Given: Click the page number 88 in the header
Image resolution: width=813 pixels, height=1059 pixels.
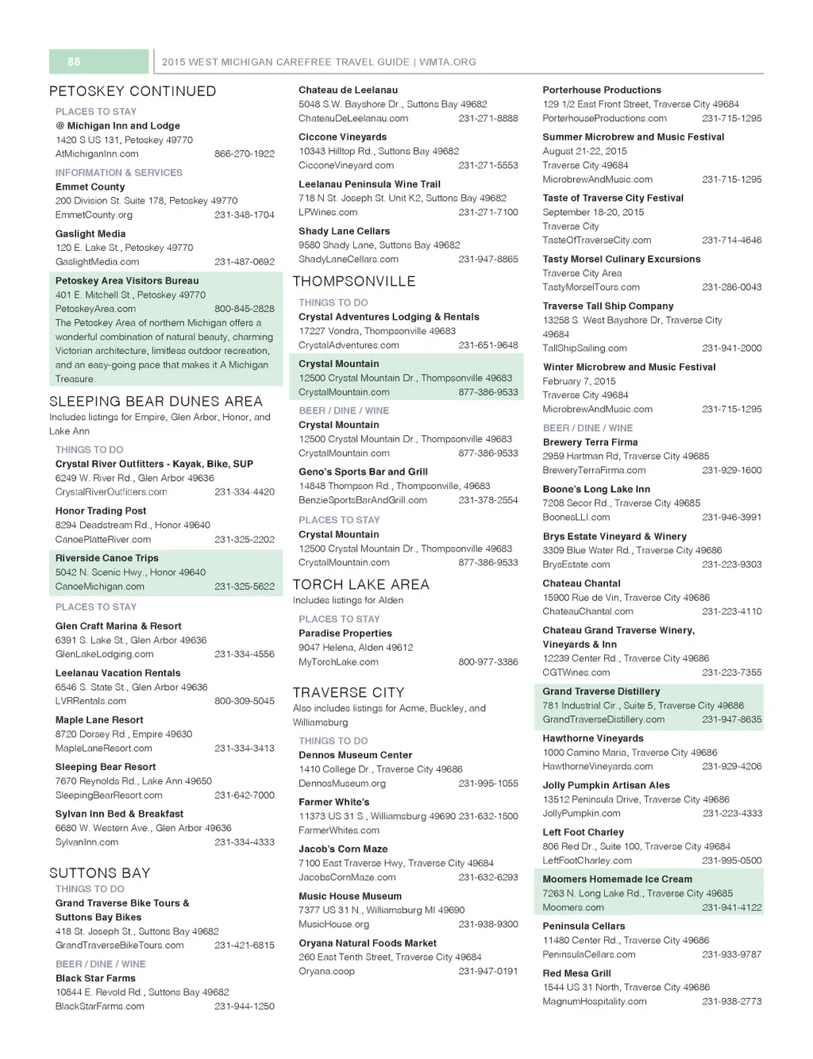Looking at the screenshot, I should (x=74, y=62).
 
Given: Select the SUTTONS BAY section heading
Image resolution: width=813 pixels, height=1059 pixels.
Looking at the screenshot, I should (x=100, y=873).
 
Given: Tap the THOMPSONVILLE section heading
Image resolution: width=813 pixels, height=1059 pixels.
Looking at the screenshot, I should (x=354, y=282).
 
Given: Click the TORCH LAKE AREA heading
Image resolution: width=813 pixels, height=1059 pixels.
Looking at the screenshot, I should (x=361, y=585).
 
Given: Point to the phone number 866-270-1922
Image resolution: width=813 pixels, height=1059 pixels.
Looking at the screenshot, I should (x=245, y=154).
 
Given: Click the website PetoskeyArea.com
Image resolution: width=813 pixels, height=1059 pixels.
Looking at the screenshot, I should (x=95, y=309).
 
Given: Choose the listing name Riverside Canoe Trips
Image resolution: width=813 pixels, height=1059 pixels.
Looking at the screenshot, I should (x=107, y=558).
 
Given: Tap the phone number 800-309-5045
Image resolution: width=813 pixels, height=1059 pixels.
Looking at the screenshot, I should (x=245, y=701).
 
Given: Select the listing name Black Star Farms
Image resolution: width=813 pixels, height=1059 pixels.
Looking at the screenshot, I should (x=95, y=978).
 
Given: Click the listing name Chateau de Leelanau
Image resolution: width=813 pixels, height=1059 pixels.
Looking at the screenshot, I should (x=348, y=90).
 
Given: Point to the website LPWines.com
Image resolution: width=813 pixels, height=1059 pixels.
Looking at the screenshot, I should (x=328, y=212).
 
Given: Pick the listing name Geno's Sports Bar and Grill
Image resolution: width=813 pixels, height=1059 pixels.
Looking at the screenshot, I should (x=363, y=472).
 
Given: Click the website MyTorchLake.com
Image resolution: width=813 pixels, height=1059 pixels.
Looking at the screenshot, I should (x=338, y=662).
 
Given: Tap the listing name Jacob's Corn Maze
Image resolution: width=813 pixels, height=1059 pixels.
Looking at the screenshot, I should (x=343, y=849).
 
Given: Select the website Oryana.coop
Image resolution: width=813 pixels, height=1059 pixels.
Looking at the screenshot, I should (x=326, y=971).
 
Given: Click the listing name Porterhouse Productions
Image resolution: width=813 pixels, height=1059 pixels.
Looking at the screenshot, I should (x=602, y=90).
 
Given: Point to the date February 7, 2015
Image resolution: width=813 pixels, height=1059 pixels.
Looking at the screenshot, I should (x=579, y=381).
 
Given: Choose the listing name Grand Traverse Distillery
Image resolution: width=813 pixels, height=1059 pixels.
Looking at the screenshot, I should (x=601, y=691).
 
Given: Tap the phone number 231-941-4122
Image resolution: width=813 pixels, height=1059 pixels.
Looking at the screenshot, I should (x=732, y=907).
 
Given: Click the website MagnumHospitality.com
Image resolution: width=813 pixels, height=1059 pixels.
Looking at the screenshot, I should (x=595, y=1002).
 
